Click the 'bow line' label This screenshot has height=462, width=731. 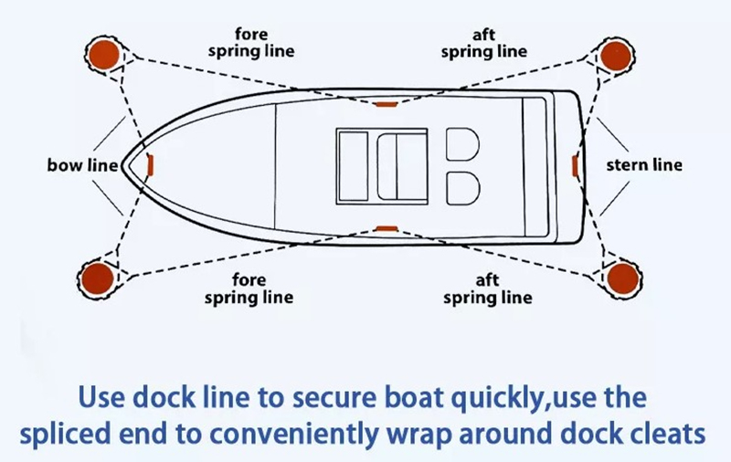(83, 165)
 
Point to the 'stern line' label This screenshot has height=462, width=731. (644, 165)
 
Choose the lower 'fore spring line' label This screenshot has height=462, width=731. (249, 290)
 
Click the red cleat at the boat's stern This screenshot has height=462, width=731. (575, 165)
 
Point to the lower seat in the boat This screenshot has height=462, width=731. (462, 187)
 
